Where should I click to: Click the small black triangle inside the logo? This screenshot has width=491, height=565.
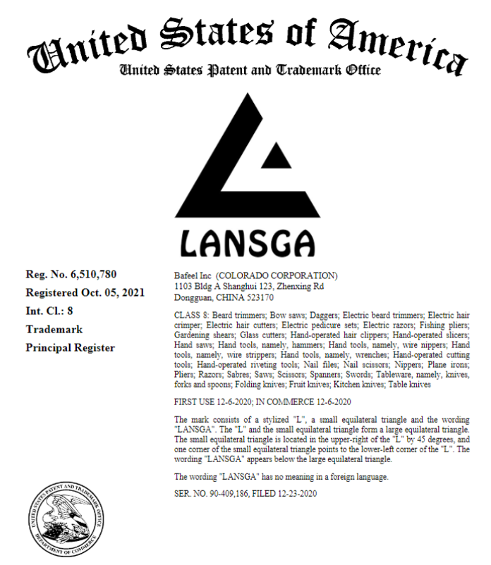tap(272, 155)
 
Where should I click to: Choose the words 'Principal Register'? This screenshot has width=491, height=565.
tap(70, 347)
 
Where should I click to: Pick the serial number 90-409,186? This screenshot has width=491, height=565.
tap(231, 493)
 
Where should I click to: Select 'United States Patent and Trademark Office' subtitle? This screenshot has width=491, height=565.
tap(250, 70)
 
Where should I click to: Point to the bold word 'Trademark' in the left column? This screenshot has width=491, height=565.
tap(54, 329)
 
